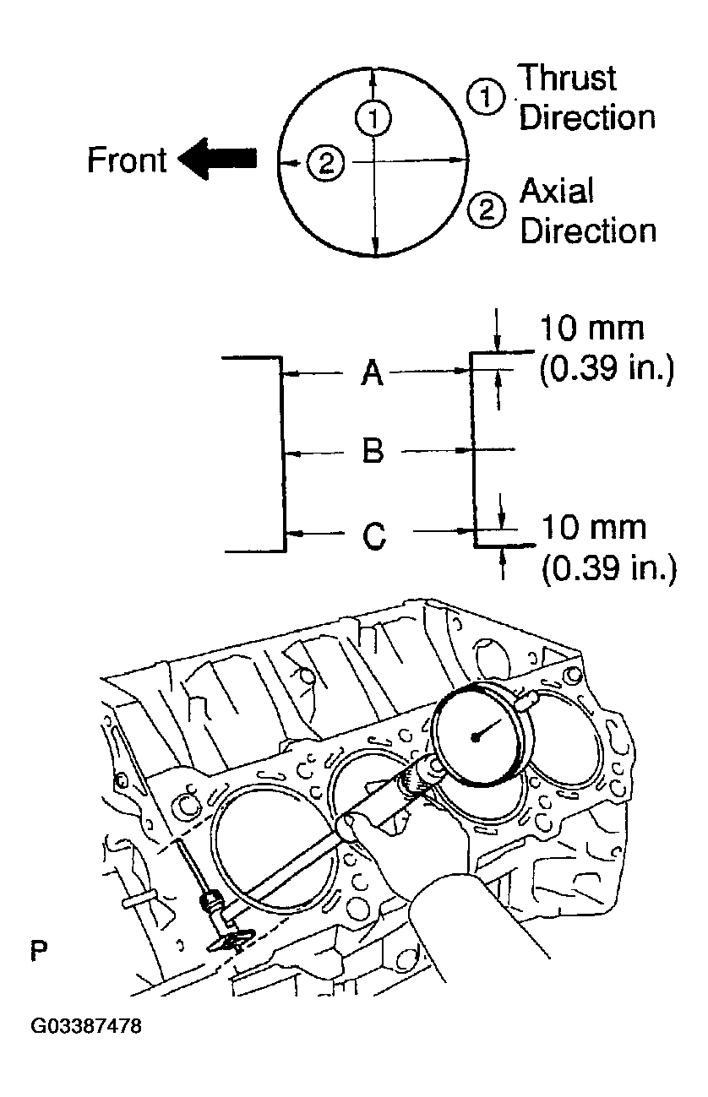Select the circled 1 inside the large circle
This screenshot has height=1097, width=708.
[372, 117]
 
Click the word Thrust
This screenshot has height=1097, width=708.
[567, 79]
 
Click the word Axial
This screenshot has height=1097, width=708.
[557, 192]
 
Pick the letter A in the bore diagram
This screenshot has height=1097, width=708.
[373, 372]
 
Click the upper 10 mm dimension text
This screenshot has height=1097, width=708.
[592, 328]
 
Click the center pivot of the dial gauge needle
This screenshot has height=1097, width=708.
[477, 736]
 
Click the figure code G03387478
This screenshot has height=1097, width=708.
[86, 1027]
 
